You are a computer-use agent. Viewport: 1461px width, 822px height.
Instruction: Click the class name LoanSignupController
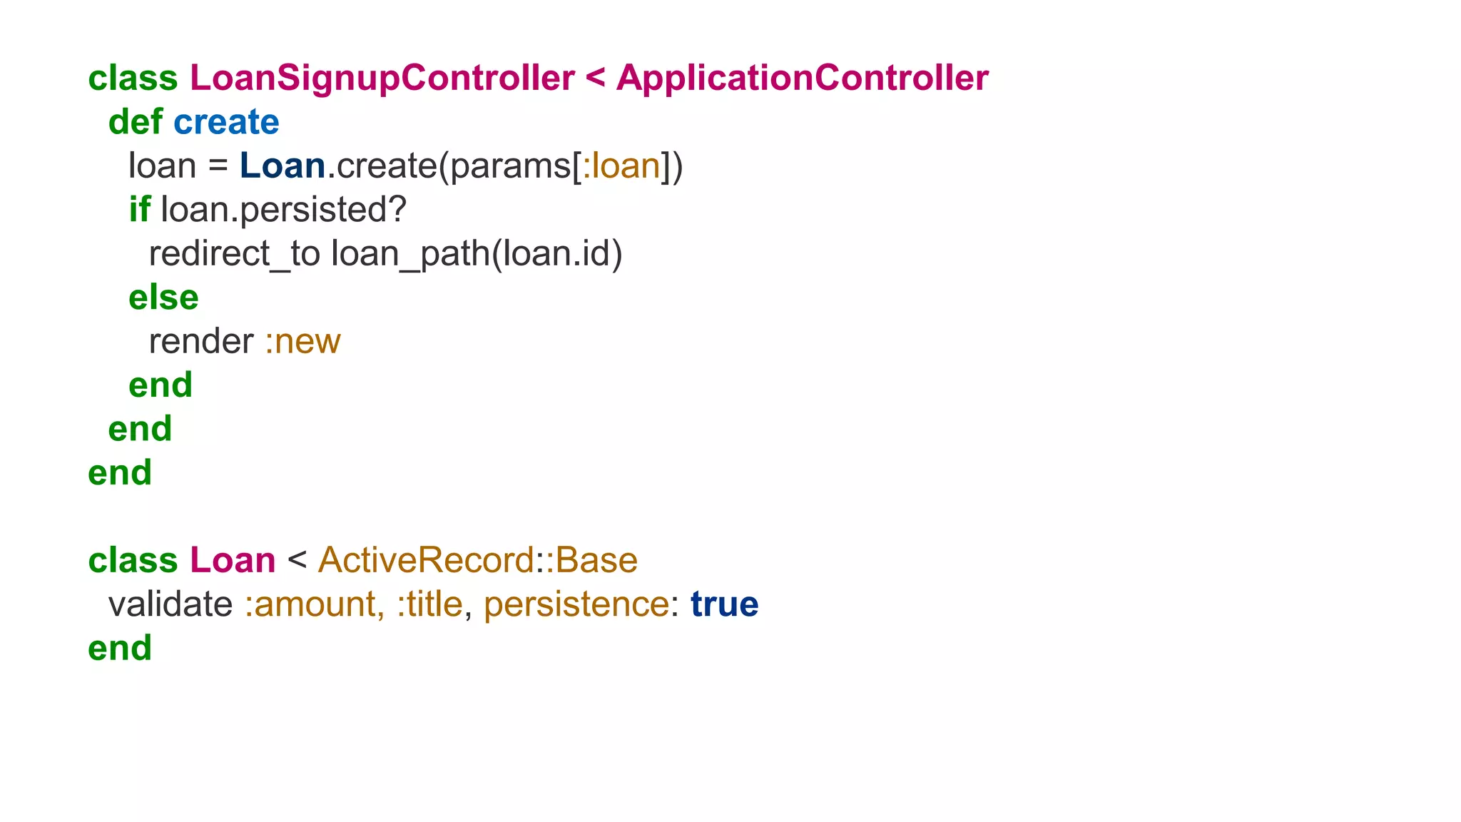[382, 78]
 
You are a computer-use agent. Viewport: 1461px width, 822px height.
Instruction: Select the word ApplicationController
[802, 78]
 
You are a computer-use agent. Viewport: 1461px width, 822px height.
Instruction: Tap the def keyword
[136, 122]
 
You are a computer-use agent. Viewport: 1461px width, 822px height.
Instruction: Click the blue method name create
[226, 122]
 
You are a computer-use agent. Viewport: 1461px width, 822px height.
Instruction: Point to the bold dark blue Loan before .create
[282, 166]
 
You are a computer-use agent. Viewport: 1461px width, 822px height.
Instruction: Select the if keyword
[139, 210]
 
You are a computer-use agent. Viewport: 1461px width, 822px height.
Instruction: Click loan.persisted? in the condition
[283, 210]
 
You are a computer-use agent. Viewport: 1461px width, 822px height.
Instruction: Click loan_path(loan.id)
[477, 254]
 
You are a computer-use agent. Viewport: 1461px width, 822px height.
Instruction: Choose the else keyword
[163, 298]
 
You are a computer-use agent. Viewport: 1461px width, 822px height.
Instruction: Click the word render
[201, 341]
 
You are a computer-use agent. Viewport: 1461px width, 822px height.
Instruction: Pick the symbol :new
[302, 341]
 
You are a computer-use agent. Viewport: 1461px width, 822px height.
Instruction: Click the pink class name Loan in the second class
[233, 560]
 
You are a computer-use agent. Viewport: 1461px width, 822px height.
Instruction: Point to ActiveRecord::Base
[477, 560]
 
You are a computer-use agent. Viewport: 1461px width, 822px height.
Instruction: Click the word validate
[170, 604]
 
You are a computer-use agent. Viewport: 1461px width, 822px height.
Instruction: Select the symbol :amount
[315, 604]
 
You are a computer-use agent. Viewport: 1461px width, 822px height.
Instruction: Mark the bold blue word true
[724, 604]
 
